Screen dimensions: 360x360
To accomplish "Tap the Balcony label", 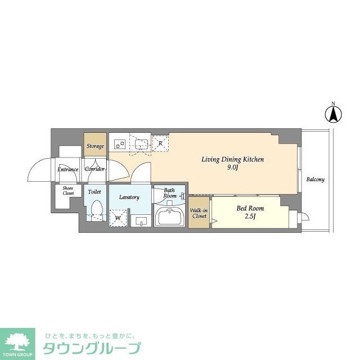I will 315,180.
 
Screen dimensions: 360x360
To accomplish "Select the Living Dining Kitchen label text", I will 233,160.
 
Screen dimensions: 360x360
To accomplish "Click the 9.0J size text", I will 233,168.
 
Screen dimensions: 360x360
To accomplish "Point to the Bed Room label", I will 250,208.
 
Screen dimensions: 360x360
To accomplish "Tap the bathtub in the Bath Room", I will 169,217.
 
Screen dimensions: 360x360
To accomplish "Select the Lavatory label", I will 129,197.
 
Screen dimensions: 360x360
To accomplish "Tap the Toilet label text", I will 94,192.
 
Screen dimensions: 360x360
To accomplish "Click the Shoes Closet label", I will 68,191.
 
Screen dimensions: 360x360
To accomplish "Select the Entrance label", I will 67,169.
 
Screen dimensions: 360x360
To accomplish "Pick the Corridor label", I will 95,169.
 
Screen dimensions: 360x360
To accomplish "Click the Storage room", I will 95,146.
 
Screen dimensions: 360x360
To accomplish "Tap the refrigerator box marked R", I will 161,143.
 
